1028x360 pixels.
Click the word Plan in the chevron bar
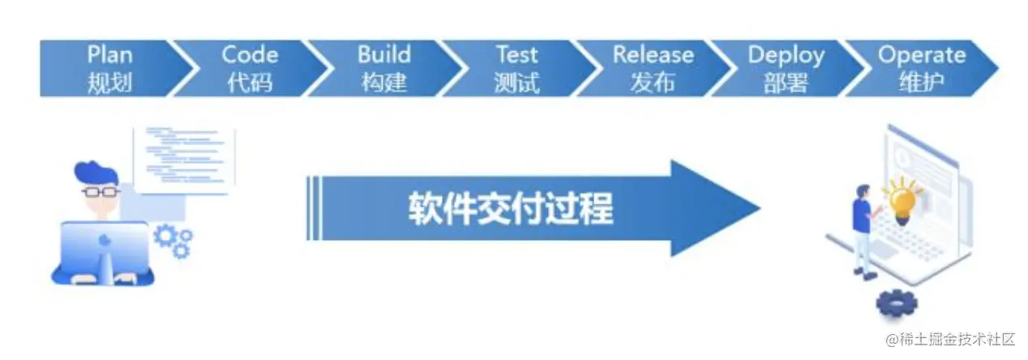[109, 55]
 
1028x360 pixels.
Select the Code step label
[250, 55]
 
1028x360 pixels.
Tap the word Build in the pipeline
[384, 55]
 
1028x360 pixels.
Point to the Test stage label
[516, 55]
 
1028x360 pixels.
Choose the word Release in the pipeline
[653, 55]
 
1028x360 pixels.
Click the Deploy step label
[786, 55]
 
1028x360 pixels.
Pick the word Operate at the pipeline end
[922, 55]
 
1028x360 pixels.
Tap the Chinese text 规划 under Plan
[109, 82]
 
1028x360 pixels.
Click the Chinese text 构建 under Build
[384, 82]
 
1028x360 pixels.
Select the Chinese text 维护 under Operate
[922, 82]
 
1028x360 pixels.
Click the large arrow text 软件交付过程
[510, 209]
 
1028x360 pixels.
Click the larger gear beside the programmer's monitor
[165, 236]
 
